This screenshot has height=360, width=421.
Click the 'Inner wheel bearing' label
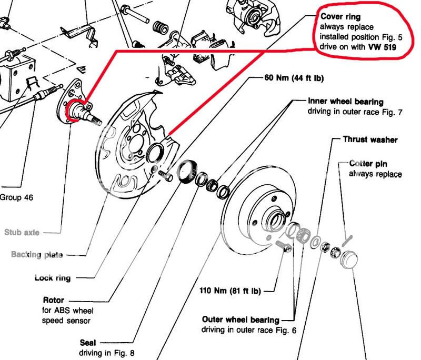click(x=346, y=102)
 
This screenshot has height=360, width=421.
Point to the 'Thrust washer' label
click(x=370, y=139)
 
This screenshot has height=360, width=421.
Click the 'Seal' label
click(x=88, y=342)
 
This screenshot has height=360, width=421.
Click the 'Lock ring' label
click(x=52, y=277)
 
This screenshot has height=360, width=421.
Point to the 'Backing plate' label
click(x=37, y=255)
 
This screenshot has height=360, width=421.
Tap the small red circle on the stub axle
click(x=73, y=110)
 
